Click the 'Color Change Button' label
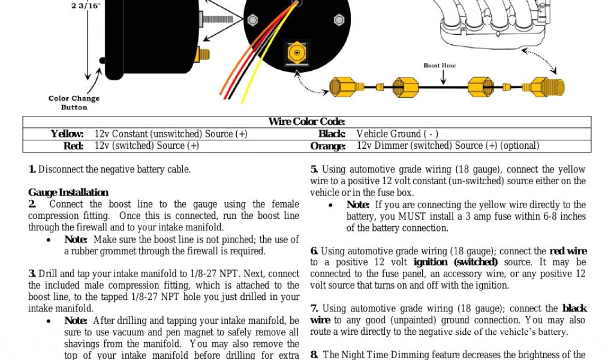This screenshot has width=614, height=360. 74,103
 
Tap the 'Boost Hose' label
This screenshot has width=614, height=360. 440,65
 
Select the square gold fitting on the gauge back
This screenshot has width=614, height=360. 296,55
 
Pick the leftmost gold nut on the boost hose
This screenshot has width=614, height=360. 342,86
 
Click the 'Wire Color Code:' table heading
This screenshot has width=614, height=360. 306,122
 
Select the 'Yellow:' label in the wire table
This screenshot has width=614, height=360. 67,134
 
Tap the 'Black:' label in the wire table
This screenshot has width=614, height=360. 332,134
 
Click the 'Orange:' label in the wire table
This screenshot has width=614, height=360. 328,146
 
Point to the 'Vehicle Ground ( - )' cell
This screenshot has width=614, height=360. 397,134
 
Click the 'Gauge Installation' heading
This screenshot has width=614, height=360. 68,193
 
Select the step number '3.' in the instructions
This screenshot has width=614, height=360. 32,274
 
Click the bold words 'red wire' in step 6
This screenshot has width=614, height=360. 568,251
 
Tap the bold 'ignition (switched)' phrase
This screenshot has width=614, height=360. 456,262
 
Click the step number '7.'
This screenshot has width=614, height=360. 314,308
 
